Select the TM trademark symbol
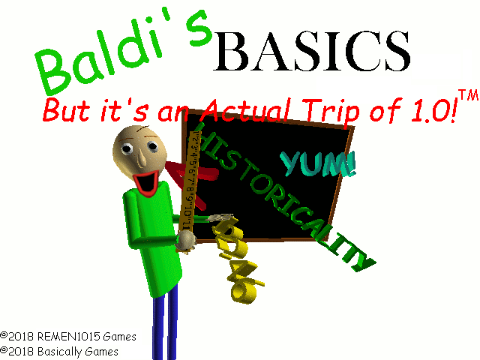(x=468, y=97)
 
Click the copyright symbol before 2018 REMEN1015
(x=4, y=337)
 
